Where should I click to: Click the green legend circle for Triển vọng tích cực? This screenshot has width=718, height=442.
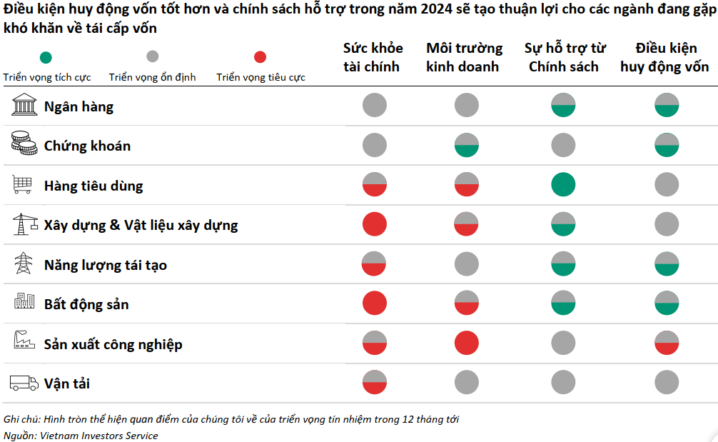(46, 57)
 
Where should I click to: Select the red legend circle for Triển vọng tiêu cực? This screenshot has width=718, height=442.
(261, 57)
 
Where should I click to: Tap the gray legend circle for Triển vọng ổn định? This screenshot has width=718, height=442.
(152, 57)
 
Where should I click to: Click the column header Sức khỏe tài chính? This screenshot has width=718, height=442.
(373, 57)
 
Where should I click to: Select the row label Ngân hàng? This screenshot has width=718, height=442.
(79, 106)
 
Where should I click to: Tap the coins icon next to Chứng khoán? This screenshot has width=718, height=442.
(24, 145)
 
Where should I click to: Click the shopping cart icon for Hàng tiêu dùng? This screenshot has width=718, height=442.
(22, 185)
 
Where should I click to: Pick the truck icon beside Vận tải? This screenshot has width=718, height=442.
(24, 383)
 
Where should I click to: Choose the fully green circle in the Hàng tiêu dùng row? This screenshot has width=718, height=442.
(563, 185)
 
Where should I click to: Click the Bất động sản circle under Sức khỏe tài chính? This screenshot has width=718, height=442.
(374, 303)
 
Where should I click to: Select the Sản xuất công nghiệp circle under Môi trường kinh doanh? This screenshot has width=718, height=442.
(466, 343)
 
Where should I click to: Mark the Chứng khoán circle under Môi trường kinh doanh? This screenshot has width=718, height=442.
(466, 146)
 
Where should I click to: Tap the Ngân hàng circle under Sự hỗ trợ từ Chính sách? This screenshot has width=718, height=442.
(563, 106)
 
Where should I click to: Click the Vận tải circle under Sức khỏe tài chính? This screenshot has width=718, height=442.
(374, 383)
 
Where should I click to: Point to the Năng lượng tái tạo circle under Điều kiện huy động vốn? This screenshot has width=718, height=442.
(666, 264)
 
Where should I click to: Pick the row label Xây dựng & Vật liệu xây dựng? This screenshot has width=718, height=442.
(141, 225)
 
